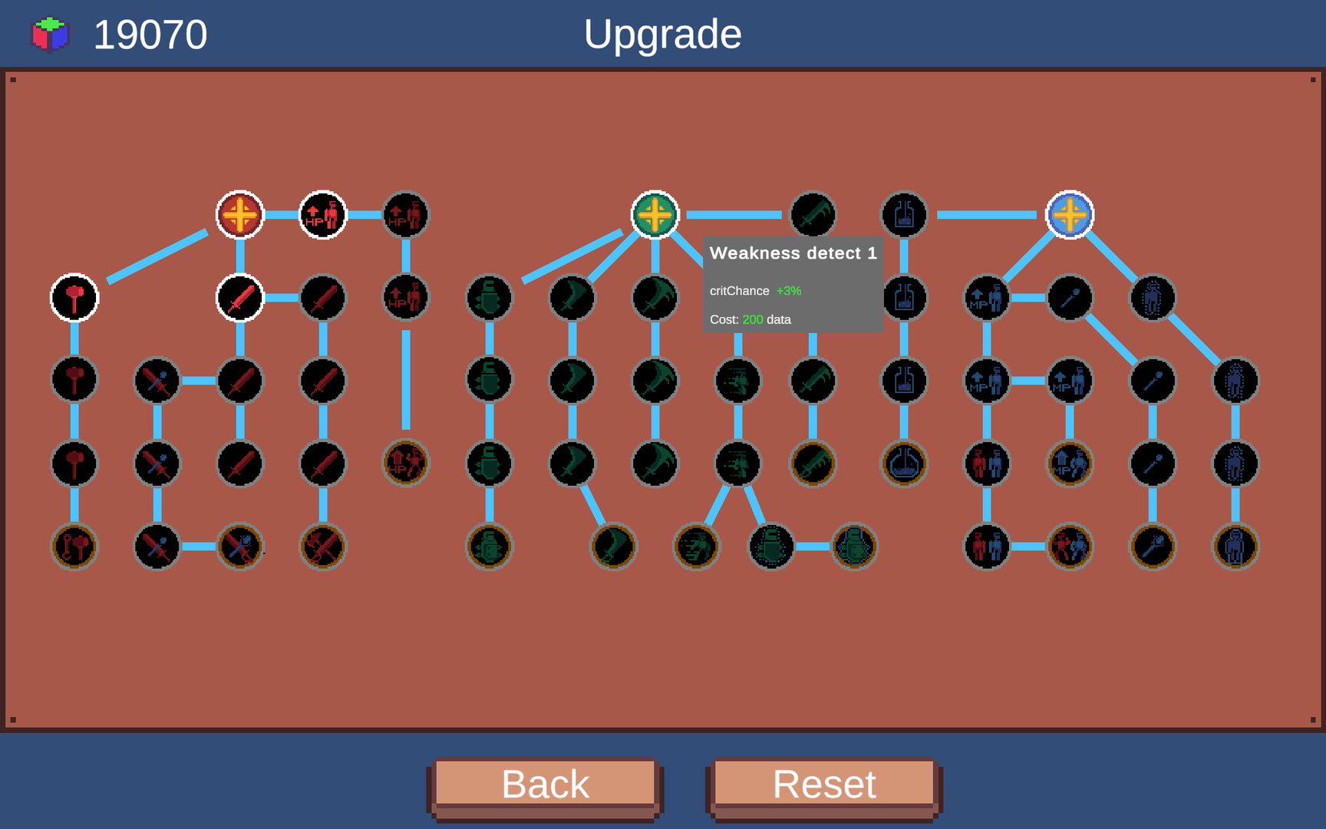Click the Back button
(x=545, y=784)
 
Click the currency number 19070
(x=150, y=35)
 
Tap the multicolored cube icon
(x=50, y=35)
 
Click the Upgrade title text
(x=662, y=35)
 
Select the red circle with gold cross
(x=239, y=215)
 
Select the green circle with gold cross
(x=655, y=215)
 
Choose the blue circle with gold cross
(x=1070, y=215)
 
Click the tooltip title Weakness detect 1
(x=793, y=253)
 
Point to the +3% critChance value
(x=788, y=291)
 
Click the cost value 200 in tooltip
(x=752, y=319)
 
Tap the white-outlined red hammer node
(x=74, y=298)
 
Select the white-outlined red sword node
(x=239, y=298)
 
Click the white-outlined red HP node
(x=322, y=215)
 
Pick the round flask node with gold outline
(x=904, y=464)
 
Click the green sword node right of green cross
(x=813, y=215)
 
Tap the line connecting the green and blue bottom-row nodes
(x=813, y=547)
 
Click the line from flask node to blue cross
(x=986, y=215)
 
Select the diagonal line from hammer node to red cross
(x=157, y=256)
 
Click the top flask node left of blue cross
(x=904, y=215)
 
